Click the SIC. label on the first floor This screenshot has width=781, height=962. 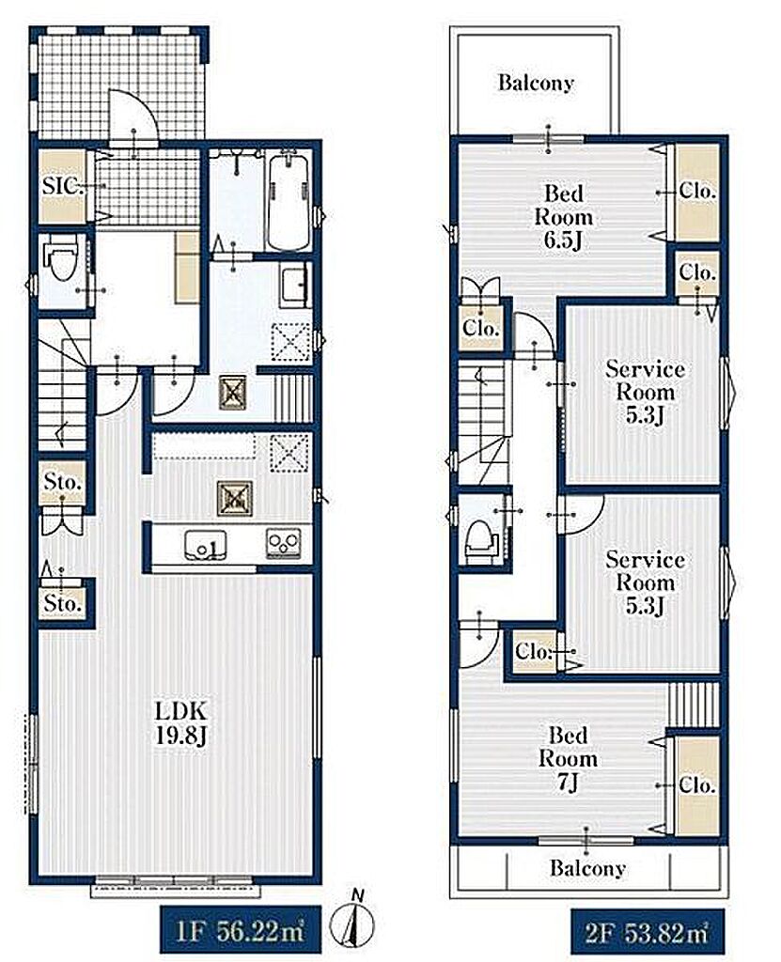click(63, 186)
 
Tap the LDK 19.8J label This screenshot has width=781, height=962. click(180, 723)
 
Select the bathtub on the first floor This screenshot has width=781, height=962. click(289, 202)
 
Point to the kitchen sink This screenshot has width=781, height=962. click(205, 544)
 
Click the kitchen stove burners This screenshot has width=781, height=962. click(283, 544)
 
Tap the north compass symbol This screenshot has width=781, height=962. click(353, 922)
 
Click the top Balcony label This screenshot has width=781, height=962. click(536, 83)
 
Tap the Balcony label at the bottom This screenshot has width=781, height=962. click(587, 868)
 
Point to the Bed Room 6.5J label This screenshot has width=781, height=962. click(564, 217)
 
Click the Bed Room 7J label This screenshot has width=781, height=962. click(568, 759)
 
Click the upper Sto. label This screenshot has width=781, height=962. click(63, 482)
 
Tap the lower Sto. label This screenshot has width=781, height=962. click(63, 604)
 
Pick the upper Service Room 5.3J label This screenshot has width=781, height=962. click(646, 392)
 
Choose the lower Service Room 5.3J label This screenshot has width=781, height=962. click(646, 582)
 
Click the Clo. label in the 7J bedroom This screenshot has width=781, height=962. click(697, 785)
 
